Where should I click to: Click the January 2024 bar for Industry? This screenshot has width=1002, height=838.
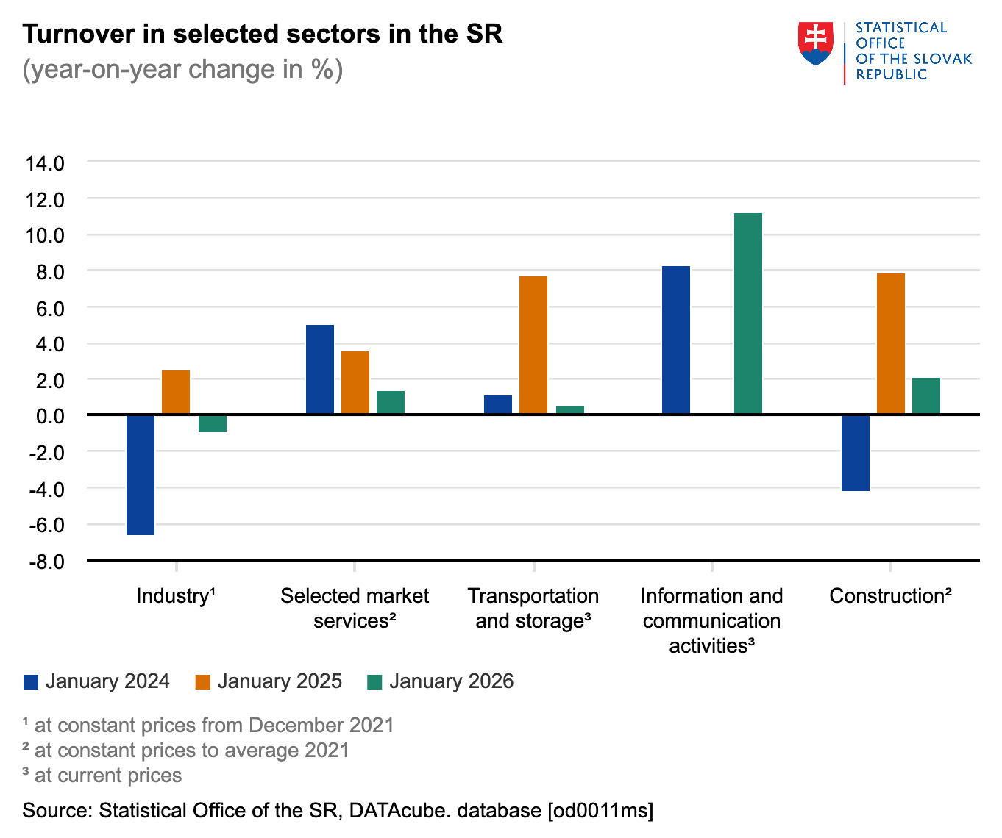click(141, 475)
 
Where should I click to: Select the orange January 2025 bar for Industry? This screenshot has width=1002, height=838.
click(176, 393)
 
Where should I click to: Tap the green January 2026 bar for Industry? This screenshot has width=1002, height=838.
click(213, 423)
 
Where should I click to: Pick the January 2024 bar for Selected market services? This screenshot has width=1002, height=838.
click(319, 370)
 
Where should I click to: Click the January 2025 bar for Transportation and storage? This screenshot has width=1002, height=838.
click(533, 345)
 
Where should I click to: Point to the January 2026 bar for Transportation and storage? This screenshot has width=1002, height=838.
click(570, 410)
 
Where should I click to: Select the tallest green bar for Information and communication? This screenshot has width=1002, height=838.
click(748, 314)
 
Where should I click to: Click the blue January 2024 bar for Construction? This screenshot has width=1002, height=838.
click(856, 453)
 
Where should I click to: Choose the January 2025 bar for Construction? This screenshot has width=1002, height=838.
click(891, 344)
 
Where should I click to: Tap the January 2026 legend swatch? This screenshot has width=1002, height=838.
click(374, 682)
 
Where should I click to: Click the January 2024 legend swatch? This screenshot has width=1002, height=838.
click(31, 682)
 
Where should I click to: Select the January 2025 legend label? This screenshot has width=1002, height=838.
click(280, 681)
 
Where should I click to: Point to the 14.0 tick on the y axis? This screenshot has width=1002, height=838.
click(45, 163)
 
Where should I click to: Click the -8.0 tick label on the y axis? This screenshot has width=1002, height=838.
click(46, 562)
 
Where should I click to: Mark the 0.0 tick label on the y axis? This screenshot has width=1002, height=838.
click(49, 416)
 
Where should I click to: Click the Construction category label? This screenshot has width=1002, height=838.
click(890, 595)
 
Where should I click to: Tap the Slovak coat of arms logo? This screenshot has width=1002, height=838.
click(815, 44)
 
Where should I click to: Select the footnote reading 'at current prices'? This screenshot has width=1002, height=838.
click(107, 776)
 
